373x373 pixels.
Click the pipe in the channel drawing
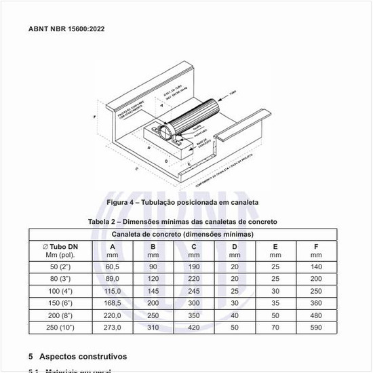pyautogui.click(x=197, y=115)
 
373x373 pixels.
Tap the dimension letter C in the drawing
pyautogui.click(x=137, y=170)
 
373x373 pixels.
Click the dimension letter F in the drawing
pyautogui.click(x=94, y=117)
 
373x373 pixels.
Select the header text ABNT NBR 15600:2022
pyautogui.click(x=66, y=29)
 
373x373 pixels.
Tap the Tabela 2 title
pyautogui.click(x=182, y=222)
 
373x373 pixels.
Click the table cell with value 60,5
pyautogui.click(x=113, y=267)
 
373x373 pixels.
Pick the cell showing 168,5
pyautogui.click(x=113, y=303)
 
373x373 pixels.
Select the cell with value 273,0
pyautogui.click(x=113, y=328)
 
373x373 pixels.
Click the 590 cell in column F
pyautogui.click(x=316, y=328)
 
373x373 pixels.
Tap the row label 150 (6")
pyautogui.click(x=62, y=303)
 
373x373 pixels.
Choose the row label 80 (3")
pyautogui.click(x=62, y=279)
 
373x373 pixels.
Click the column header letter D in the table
pyautogui.click(x=235, y=246)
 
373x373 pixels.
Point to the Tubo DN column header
pyautogui.click(x=62, y=246)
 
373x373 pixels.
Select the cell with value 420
pyautogui.click(x=194, y=328)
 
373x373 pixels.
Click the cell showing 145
pyautogui.click(x=153, y=291)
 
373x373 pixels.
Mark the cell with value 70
pyautogui.click(x=275, y=328)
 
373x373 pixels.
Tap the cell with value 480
pyautogui.click(x=316, y=315)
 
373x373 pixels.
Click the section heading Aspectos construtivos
pyautogui.click(x=83, y=356)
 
